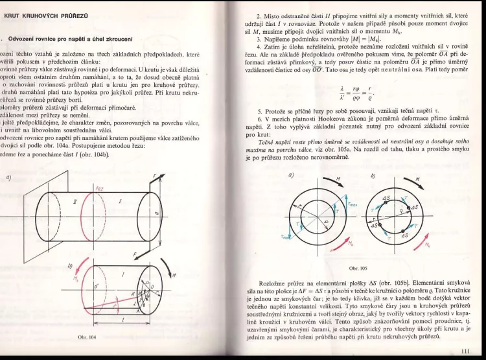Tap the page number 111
point(463,352)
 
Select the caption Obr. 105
point(358,267)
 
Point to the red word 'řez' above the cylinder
point(99,189)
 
